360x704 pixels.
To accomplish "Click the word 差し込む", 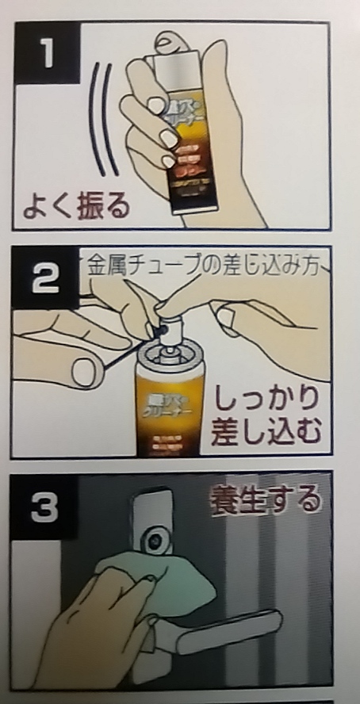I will click(x=266, y=432).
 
